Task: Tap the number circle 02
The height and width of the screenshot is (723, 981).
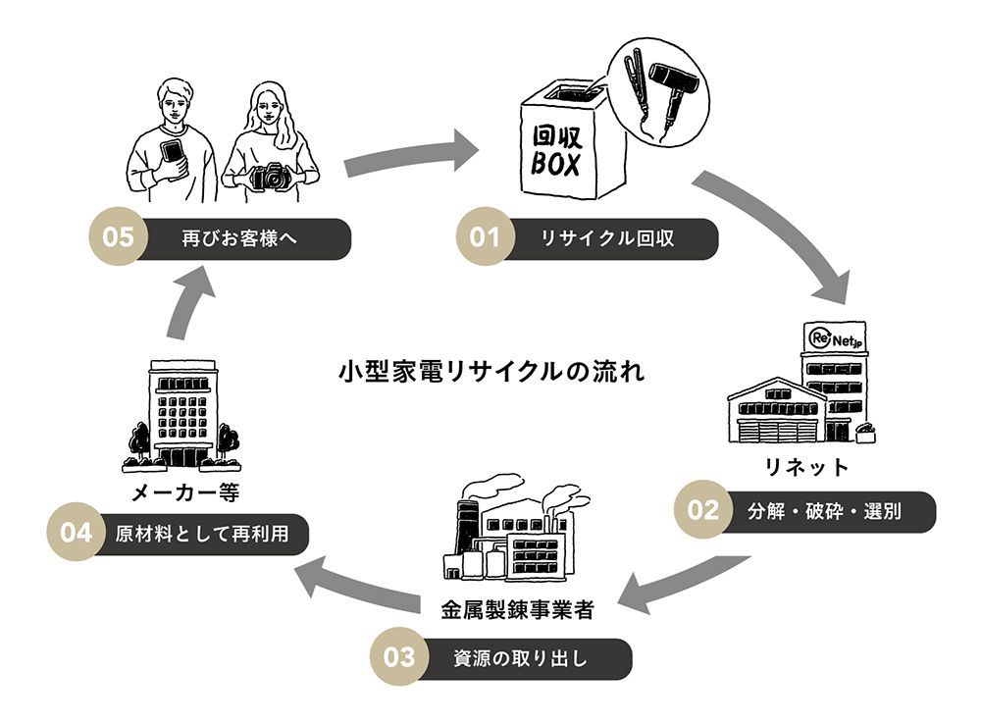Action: point(704,510)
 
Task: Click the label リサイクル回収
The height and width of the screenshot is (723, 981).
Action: point(607,238)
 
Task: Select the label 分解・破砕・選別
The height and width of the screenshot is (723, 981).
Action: point(824,511)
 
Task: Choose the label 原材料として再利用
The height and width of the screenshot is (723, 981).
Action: point(201,534)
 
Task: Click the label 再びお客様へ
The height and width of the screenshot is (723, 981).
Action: point(239,238)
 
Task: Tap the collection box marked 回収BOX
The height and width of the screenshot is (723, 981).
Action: point(557,147)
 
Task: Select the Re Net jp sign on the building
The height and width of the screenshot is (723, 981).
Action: point(833,339)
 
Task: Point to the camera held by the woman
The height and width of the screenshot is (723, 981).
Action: point(271,177)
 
